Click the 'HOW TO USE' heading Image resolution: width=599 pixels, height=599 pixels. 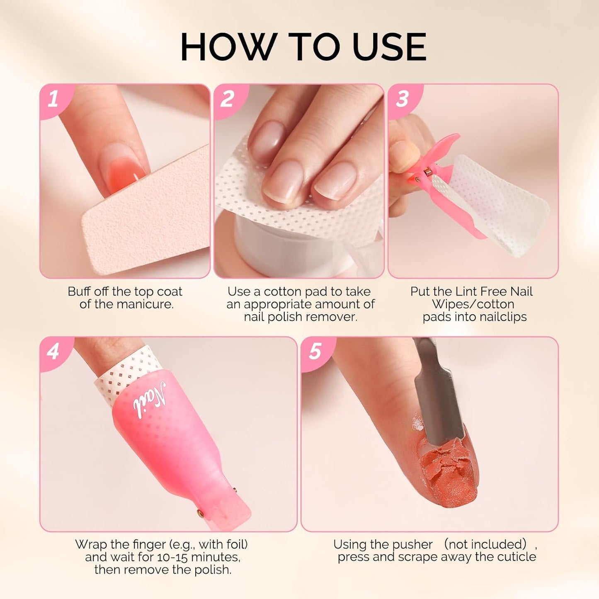tap(303, 46)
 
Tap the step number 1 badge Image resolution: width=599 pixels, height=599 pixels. tap(53, 99)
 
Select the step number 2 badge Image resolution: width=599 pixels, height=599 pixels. tap(227, 99)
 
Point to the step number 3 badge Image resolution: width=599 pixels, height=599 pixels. tap(402, 99)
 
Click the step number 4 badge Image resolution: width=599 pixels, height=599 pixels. tap(53, 352)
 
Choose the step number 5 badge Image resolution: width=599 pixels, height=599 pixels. tap(315, 352)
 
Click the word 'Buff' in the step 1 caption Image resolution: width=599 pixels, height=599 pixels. tap(80, 291)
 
